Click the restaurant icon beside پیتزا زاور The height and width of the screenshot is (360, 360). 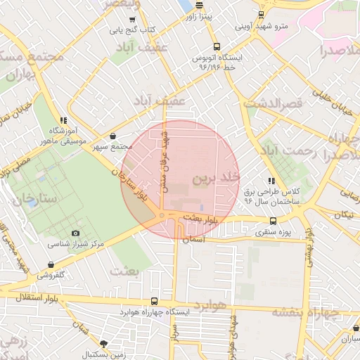(199, 4)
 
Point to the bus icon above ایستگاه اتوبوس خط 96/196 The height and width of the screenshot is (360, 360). (214, 44)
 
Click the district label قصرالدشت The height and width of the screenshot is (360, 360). (273, 103)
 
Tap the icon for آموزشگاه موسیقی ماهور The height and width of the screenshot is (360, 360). (64, 120)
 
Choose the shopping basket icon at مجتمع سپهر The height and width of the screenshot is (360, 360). (114, 136)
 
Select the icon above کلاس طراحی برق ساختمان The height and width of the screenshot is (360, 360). (271, 181)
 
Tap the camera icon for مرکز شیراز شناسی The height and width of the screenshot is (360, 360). (75, 233)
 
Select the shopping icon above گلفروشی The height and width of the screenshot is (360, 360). (49, 264)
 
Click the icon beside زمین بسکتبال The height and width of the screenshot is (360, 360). (104, 344)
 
